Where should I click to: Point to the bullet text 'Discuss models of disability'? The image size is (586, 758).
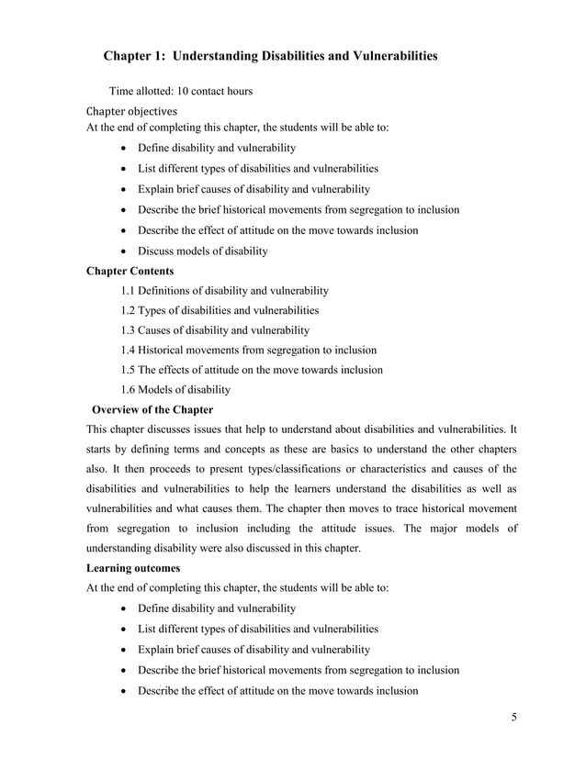(x=202, y=251)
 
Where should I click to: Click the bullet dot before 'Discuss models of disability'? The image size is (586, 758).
(x=124, y=251)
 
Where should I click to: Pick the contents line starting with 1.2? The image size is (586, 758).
(x=220, y=310)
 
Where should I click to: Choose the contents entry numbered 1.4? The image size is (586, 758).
(x=248, y=351)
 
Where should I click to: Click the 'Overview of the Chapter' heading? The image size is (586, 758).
(x=152, y=410)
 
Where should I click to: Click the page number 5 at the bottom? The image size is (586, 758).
(x=514, y=717)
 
